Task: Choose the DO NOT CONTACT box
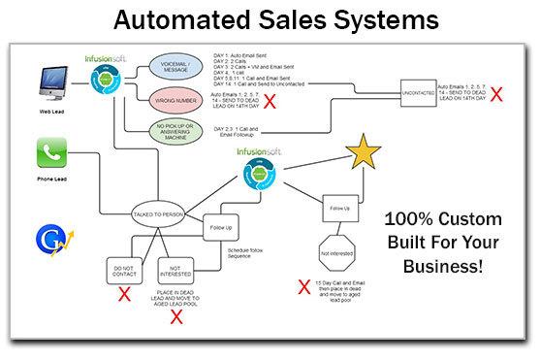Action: coord(125,271)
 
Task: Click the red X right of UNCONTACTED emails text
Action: coord(496,95)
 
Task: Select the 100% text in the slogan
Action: coord(410,219)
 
